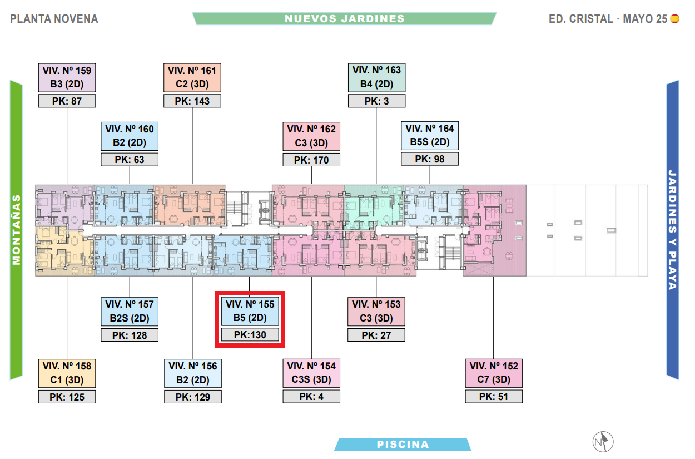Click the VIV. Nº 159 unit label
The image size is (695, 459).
click(67, 77)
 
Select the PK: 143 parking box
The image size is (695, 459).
click(192, 101)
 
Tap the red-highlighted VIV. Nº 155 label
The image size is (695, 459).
click(250, 312)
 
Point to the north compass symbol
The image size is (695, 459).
click(603, 442)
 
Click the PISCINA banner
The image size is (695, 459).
click(403, 445)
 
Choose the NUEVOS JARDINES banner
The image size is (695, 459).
click(345, 18)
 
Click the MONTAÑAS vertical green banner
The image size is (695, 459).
click(16, 230)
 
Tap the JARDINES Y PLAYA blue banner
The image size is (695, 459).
click(673, 229)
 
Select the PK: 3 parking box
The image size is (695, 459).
click(376, 101)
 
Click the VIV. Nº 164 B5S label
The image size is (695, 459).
click(429, 135)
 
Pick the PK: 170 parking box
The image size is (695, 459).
click(311, 160)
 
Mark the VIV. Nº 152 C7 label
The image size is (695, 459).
click(494, 373)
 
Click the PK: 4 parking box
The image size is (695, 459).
click(311, 396)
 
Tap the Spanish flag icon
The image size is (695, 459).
click(675, 18)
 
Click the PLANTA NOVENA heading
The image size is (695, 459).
click(54, 19)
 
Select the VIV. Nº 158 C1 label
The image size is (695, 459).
click(67, 373)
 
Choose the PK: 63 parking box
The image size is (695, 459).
click(130, 160)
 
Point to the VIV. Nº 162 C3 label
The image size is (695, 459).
click(311, 136)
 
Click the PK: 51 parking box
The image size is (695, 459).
click(494, 396)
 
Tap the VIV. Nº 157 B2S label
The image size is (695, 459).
click(130, 312)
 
